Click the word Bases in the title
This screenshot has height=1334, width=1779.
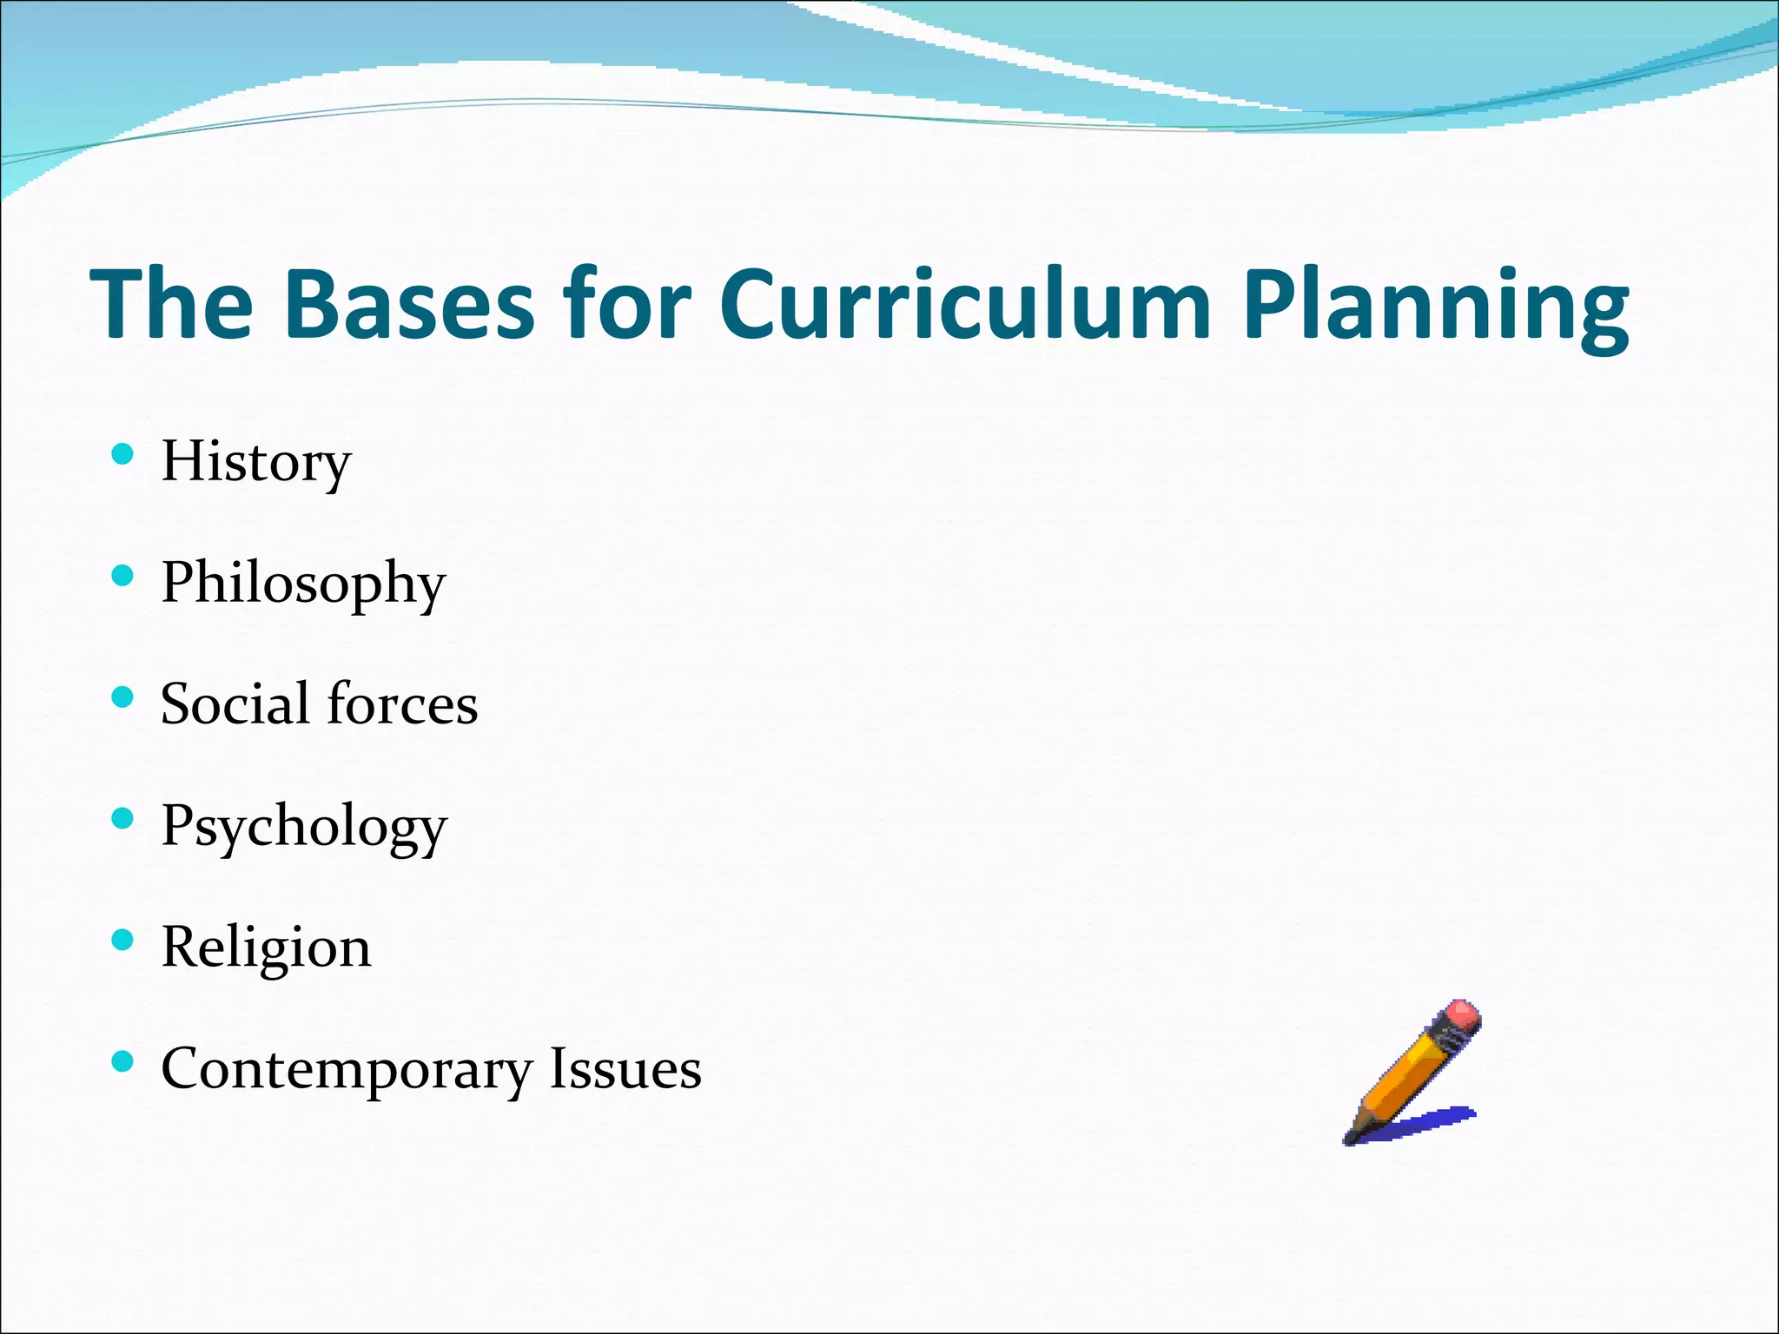click(408, 304)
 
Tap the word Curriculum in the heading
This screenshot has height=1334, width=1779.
click(964, 304)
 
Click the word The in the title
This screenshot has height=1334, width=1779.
click(171, 304)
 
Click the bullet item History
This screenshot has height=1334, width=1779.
click(256, 462)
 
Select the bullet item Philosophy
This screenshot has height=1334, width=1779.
click(303, 584)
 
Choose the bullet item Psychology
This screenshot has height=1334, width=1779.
click(304, 827)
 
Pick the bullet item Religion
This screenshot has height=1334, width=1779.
click(266, 948)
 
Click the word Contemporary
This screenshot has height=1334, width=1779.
click(346, 1070)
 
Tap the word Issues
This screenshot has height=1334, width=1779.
click(625, 1069)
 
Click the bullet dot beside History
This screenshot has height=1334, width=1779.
click(122, 454)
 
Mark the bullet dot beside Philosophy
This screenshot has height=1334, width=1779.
click(122, 576)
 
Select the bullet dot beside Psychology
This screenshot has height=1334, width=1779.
click(122, 819)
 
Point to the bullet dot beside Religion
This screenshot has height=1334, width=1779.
click(122, 941)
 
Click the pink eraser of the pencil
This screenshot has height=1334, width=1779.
click(1462, 1015)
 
